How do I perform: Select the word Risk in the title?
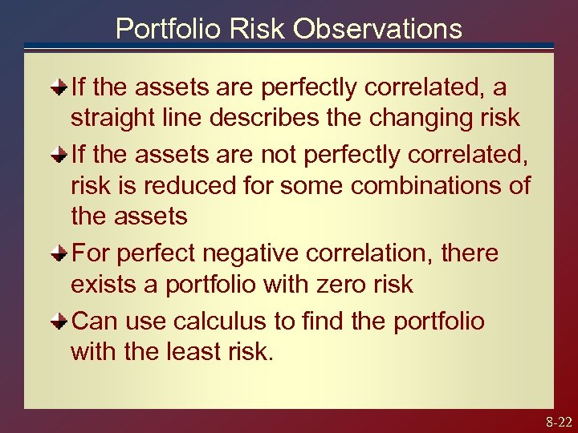pos(257,29)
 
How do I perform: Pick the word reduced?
pos(167,186)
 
